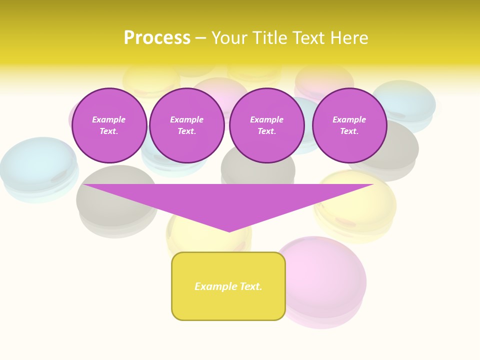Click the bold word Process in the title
point(157,38)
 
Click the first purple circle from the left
point(109,125)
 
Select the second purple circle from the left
point(187,125)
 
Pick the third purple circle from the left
point(267,125)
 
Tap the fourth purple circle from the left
point(349,125)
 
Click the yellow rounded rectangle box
point(228,286)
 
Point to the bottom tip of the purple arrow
point(229,231)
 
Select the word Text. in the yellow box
point(251,286)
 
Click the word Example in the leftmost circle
point(109,119)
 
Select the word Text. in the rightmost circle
point(349,131)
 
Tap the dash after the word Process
point(201,38)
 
